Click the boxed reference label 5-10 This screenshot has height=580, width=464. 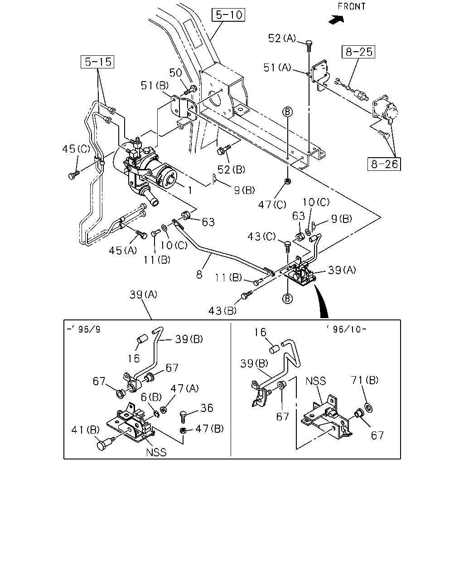(228, 15)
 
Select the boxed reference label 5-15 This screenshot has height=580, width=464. (97, 62)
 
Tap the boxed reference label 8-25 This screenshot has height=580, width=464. (358, 52)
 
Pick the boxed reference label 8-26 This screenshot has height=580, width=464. (384, 164)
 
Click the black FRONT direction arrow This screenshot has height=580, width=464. (337, 19)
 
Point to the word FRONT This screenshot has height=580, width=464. (352, 6)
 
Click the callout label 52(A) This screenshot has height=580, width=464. (282, 38)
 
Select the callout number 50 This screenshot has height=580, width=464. (175, 72)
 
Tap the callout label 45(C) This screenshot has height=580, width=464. (76, 149)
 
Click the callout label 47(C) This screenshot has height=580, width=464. (272, 205)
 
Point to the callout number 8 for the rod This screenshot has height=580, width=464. (199, 275)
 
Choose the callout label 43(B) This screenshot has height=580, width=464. (222, 311)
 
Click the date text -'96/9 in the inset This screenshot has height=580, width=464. (83, 329)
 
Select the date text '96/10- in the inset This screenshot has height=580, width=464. (347, 329)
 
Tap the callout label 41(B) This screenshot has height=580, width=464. (86, 430)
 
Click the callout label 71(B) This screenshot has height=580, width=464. (364, 380)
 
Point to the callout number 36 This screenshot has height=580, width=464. (207, 408)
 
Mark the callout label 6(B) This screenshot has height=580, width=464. (151, 397)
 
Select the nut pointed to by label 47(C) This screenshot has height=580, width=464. (288, 181)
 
